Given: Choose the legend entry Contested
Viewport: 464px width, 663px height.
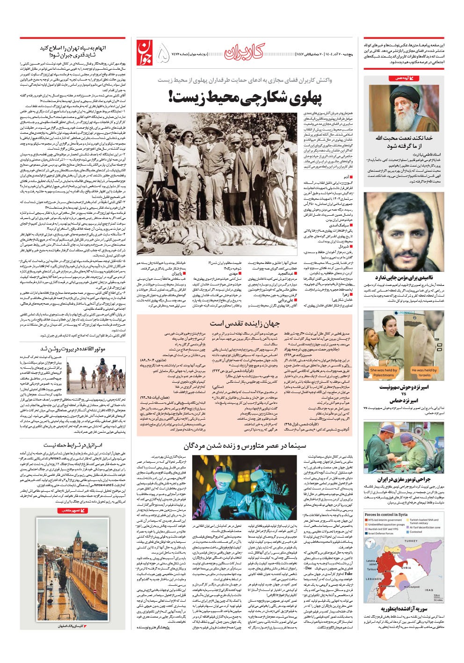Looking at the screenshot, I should [415, 532].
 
